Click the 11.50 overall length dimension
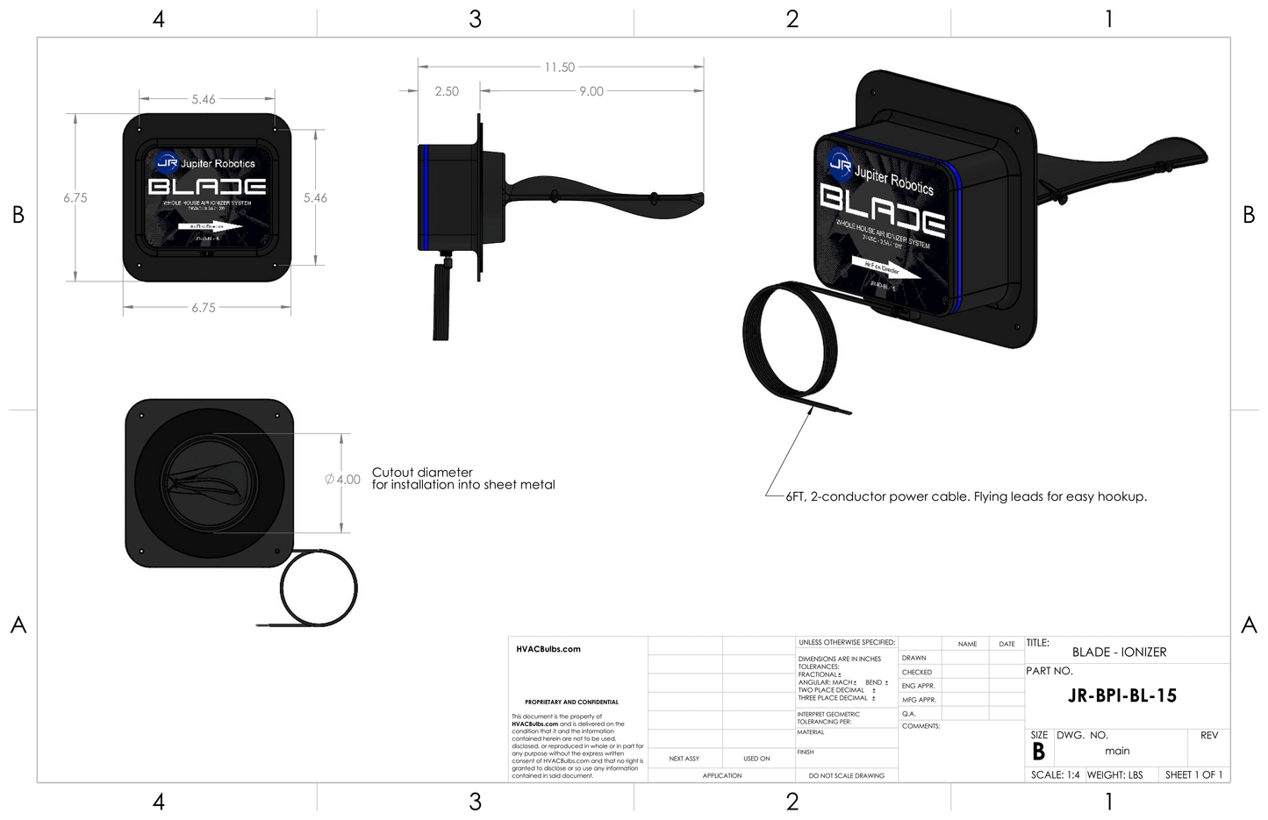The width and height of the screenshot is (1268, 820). pyautogui.click(x=559, y=68)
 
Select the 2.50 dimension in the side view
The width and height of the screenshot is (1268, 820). pyautogui.click(x=447, y=91)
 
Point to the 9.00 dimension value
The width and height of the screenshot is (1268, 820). pyautogui.click(x=591, y=91)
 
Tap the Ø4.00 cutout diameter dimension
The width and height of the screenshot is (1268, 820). pyautogui.click(x=342, y=480)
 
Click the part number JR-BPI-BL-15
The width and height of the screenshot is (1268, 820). pyautogui.click(x=1121, y=696)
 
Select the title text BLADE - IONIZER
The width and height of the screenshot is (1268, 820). pyautogui.click(x=1119, y=652)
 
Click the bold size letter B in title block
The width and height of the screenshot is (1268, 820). pyautogui.click(x=1038, y=752)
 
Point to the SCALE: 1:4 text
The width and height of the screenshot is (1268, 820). pyautogui.click(x=1055, y=775)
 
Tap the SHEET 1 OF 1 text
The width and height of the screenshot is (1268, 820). pyautogui.click(x=1193, y=775)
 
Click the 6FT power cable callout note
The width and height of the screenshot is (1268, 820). pyautogui.click(x=966, y=497)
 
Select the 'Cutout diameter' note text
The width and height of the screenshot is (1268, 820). pyautogui.click(x=422, y=473)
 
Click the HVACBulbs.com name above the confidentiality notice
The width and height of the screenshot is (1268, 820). pyautogui.click(x=548, y=650)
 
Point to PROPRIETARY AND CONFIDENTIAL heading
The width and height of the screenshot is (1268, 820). pyautogui.click(x=571, y=702)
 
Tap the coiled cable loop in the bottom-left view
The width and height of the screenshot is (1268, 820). pyautogui.click(x=319, y=588)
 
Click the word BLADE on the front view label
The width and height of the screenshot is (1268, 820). pyautogui.click(x=207, y=187)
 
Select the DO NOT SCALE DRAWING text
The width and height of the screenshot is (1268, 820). pyautogui.click(x=846, y=776)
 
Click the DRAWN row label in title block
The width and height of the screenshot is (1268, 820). pyautogui.click(x=913, y=658)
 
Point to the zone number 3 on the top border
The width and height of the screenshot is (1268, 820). pyautogui.click(x=475, y=19)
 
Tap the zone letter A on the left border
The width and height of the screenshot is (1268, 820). pyautogui.click(x=18, y=625)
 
